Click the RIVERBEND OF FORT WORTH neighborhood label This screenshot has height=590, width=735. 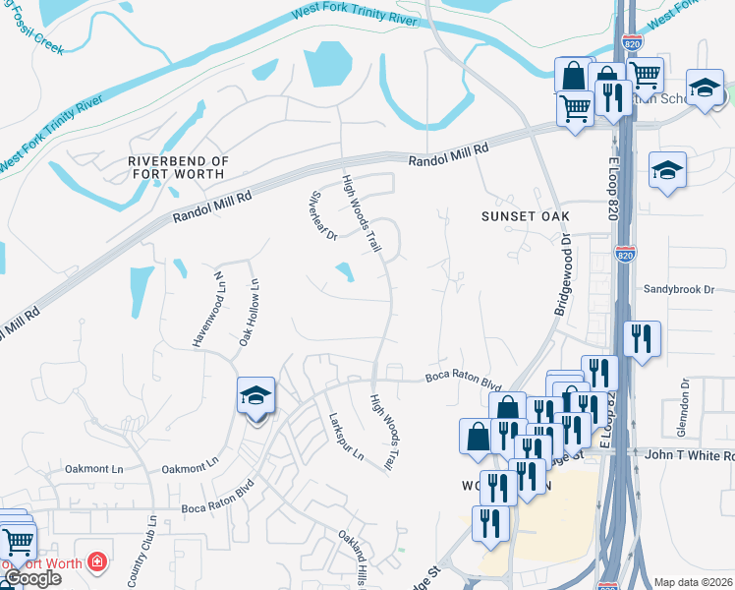point(178,167)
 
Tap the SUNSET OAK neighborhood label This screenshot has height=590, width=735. point(526,215)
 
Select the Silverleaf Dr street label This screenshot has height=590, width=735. point(324,215)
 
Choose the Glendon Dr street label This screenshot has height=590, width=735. point(685,403)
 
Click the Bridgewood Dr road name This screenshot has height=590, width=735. point(564,273)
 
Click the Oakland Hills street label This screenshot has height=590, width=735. point(358,559)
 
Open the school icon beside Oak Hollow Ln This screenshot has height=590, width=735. point(255,397)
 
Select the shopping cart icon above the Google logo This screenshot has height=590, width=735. point(16,541)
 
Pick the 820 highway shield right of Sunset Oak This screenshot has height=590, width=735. point(625,255)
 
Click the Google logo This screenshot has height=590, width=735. point(31,578)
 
